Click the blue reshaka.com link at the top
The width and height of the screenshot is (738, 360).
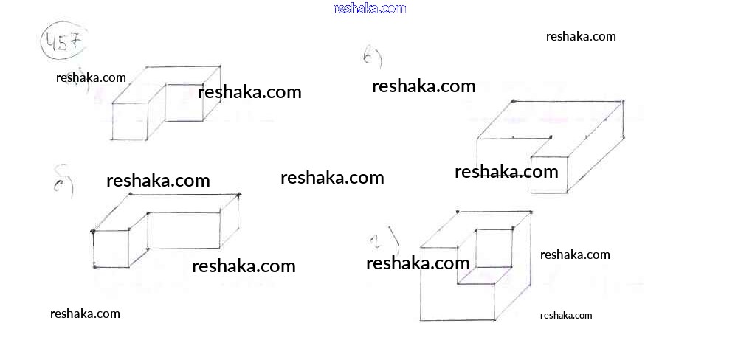tap(369, 8)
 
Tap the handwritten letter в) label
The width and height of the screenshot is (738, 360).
tap(372, 56)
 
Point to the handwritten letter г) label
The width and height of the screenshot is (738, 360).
tap(384, 242)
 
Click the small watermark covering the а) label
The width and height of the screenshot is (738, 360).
tap(91, 77)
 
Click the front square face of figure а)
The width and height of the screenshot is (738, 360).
tap(129, 121)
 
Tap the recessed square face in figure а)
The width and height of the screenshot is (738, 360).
tap(184, 103)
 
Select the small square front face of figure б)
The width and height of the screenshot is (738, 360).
tap(111, 249)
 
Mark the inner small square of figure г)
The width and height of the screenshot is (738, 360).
tap(494, 249)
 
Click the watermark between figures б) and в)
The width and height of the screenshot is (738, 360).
tap(332, 177)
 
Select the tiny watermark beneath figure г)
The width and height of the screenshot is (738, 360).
tap(566, 316)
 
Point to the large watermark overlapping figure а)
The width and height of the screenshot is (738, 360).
tap(249, 92)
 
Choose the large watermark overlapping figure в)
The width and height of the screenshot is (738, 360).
tap(506, 172)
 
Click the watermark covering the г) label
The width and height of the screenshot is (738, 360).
tap(418, 263)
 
